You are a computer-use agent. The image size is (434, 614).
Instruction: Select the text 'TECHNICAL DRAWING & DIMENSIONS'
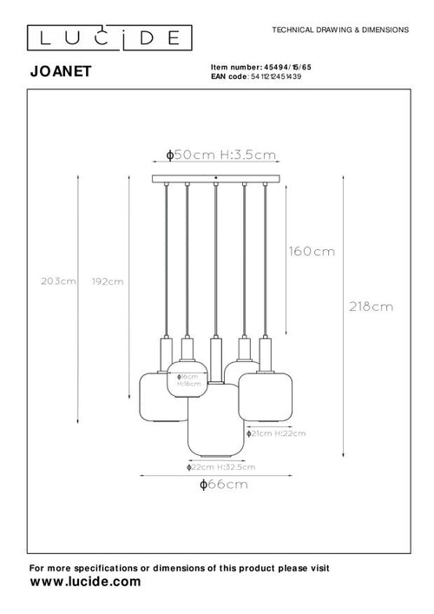339,30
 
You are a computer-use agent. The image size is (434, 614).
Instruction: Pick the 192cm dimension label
108,281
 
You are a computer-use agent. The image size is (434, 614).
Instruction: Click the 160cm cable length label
312,252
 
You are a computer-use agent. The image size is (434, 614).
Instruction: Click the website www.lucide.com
85,583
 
